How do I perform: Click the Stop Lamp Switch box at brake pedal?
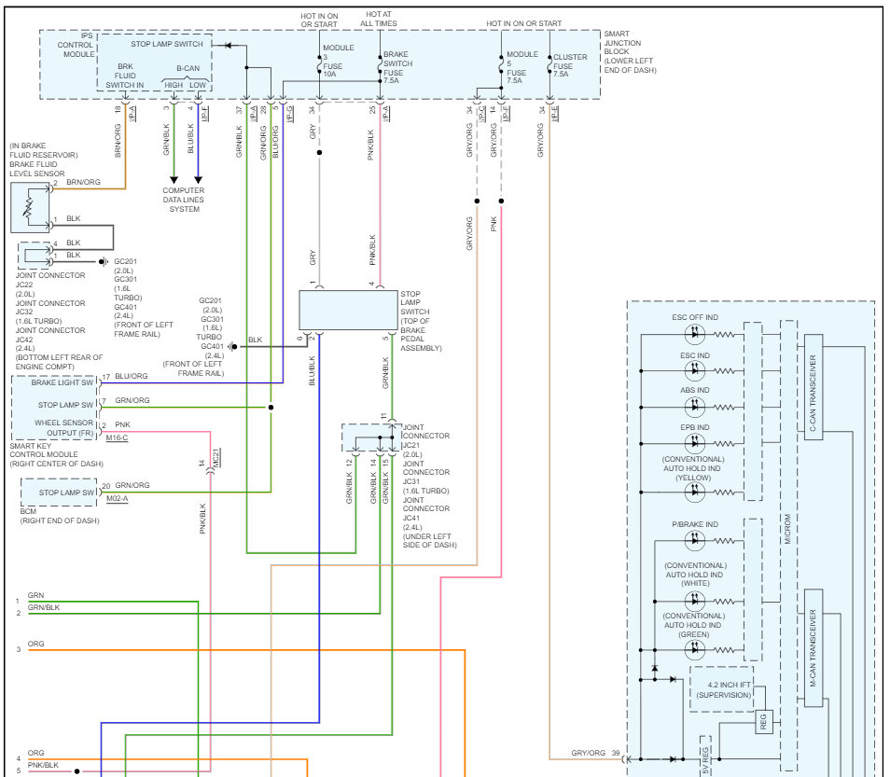pos(348,310)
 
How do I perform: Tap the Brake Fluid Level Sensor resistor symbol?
pos(28,208)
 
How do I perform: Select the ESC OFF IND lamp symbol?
pos(695,334)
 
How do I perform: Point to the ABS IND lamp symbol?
pos(695,407)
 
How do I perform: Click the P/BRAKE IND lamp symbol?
pos(695,541)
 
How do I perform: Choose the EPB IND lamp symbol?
pos(695,443)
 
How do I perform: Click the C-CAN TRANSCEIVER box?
pos(814,386)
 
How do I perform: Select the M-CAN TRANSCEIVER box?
pos(814,648)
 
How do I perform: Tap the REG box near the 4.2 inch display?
pos(763,722)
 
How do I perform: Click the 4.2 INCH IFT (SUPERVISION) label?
pos(724,689)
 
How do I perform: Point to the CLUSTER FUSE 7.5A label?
pos(570,65)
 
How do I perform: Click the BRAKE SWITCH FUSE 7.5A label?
pos(397,67)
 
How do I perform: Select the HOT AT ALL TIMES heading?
pos(379,19)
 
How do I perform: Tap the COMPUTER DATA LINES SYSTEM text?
pos(184,200)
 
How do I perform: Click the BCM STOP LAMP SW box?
pos(60,493)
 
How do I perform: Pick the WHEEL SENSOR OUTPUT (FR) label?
pos(63,428)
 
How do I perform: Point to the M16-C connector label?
pos(117,438)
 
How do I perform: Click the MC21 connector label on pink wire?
pos(216,457)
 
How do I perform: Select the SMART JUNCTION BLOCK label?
pos(630,51)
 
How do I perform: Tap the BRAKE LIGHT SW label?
pos(62,382)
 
